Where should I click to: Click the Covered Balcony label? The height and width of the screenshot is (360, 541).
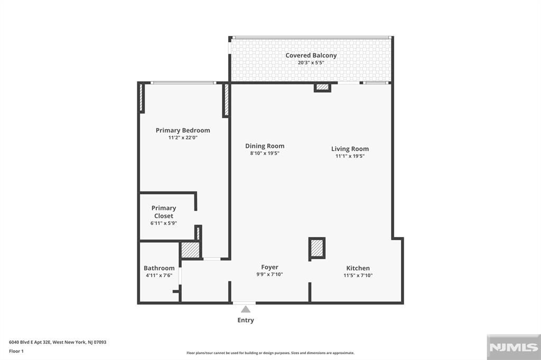coord(311,55)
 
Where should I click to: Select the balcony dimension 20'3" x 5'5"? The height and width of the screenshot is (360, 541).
coord(311,63)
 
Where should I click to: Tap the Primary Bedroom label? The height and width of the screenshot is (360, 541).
coord(183,130)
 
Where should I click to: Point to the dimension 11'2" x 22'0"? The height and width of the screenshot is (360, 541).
coord(183,138)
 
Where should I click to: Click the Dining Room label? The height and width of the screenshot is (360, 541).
coord(265,146)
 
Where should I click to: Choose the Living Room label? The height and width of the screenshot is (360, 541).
coord(350,149)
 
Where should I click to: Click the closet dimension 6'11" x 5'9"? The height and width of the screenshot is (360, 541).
coord(164,223)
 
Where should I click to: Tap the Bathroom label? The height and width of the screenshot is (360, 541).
coord(159,268)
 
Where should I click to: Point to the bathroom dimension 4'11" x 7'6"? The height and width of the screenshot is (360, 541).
coord(159,276)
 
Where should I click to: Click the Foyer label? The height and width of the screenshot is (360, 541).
coord(269,267)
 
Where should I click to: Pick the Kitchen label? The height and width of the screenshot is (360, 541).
coord(358,268)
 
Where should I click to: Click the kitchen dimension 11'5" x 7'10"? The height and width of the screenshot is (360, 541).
coord(358,276)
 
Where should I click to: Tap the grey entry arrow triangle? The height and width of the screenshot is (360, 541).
coord(246,310)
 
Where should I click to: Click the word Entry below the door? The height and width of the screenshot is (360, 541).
coord(246,320)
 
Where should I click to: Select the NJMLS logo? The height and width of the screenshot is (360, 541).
coord(513,347)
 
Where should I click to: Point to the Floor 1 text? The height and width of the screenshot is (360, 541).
coord(16,351)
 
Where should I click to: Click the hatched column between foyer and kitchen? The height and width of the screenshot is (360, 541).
coord(317,248)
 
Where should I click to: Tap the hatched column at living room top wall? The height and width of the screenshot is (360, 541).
coord(322,87)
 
